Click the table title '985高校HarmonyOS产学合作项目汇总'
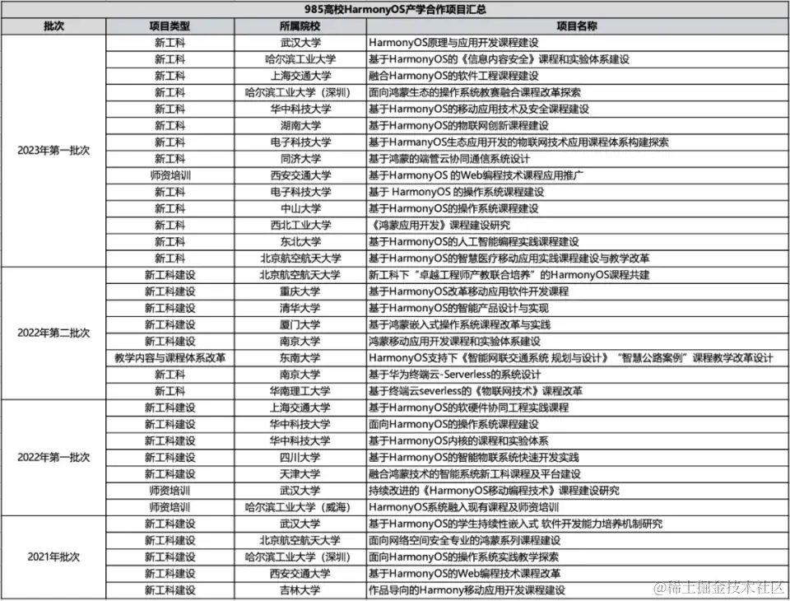tap(395, 9)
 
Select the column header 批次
tap(53, 26)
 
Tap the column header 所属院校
tap(300, 26)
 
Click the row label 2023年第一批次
tap(53, 151)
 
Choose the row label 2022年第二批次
tap(53, 333)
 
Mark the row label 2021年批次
tap(53, 557)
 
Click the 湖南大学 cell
tap(300, 125)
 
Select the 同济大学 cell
tap(300, 158)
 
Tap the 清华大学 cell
tap(300, 308)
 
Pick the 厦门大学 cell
tap(300, 324)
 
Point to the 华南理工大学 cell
tap(300, 391)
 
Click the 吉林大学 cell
tap(300, 590)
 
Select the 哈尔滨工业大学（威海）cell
tap(300, 507)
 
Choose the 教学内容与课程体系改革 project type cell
tap(170, 357)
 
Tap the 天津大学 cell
tap(300, 474)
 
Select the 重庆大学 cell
tap(300, 291)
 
